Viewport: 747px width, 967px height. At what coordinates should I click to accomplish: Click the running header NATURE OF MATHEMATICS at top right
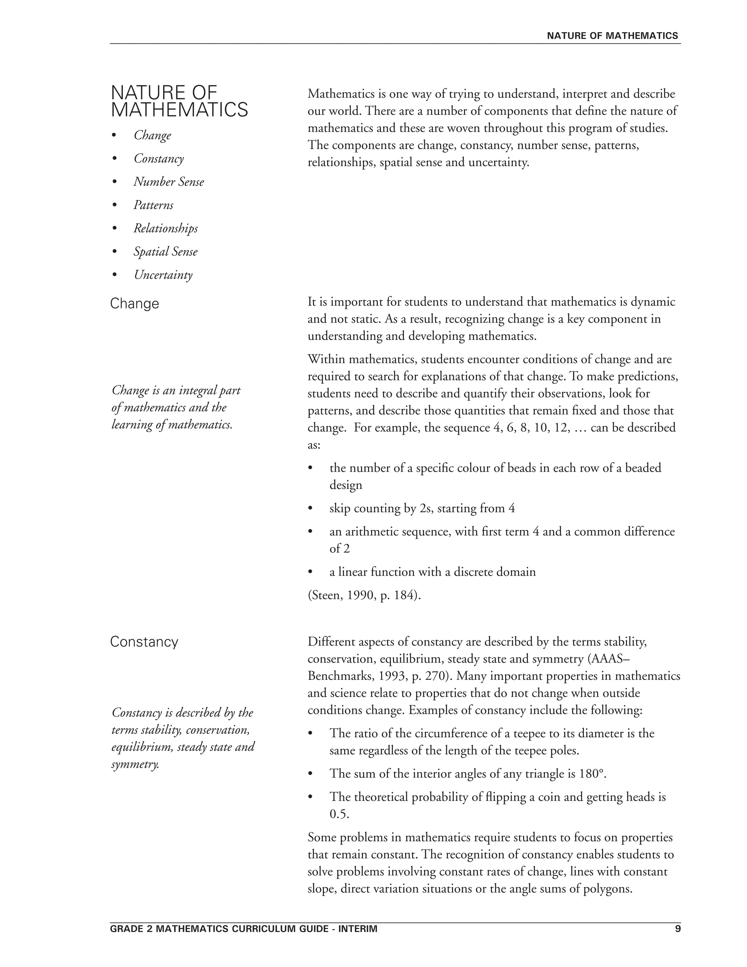coord(612,36)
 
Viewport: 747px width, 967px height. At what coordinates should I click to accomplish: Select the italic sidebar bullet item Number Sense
coord(169,182)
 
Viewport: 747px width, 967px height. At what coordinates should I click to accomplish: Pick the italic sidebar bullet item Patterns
coord(153,205)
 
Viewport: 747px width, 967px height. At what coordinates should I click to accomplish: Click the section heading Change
coord(134,304)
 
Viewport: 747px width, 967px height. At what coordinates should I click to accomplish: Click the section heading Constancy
coord(144,642)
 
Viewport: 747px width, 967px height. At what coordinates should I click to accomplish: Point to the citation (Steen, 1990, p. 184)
coord(364,596)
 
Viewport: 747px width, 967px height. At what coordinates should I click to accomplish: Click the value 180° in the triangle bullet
coord(591,774)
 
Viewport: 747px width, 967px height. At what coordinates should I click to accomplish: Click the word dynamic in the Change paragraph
coord(653,302)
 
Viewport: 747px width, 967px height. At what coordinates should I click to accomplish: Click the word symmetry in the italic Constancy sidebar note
coord(135,764)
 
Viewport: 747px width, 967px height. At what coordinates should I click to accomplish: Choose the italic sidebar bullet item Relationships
coord(166,228)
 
